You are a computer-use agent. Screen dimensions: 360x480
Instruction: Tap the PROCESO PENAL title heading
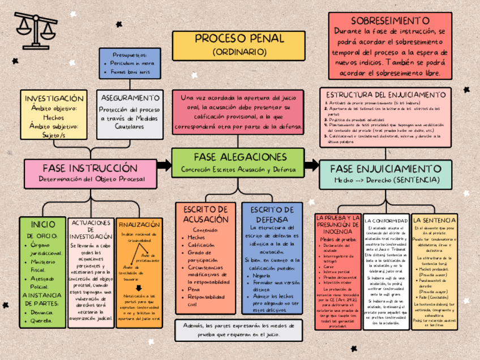click(239, 39)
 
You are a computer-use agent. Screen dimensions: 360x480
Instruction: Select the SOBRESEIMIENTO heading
click(390, 21)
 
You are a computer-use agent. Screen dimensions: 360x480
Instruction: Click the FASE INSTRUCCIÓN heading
click(90, 168)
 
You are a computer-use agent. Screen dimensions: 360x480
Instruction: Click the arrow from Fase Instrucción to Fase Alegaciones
click(164, 165)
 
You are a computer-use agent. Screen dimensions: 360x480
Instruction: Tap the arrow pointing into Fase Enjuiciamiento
click(311, 165)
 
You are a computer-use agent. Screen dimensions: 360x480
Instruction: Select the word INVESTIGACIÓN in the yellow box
click(54, 98)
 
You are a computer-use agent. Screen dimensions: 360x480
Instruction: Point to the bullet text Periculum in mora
click(132, 63)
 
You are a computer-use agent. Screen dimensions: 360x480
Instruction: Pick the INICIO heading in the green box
click(42, 224)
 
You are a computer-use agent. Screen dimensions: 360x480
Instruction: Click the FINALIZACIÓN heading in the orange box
click(139, 224)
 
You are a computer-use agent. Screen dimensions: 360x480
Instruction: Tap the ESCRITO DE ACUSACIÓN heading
click(205, 214)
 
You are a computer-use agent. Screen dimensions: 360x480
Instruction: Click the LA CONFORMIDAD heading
click(386, 220)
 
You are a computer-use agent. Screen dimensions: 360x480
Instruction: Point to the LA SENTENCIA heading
click(434, 220)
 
